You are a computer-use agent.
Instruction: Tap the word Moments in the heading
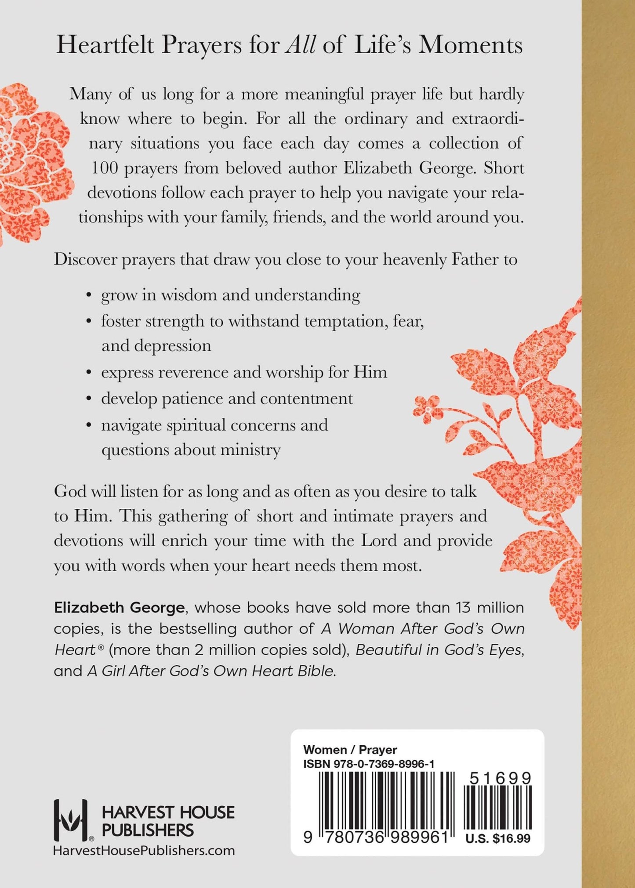coord(470,46)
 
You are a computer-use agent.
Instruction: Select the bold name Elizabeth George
coord(119,608)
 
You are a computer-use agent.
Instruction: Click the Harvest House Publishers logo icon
coord(71,817)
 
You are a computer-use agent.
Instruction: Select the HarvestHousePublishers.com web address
coord(144,851)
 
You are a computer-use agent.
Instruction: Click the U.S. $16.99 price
coord(498,838)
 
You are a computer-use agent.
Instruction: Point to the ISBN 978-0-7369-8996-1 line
coord(369,764)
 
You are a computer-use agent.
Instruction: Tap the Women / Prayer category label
coord(350,750)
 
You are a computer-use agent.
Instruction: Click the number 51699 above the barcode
coord(500,779)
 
